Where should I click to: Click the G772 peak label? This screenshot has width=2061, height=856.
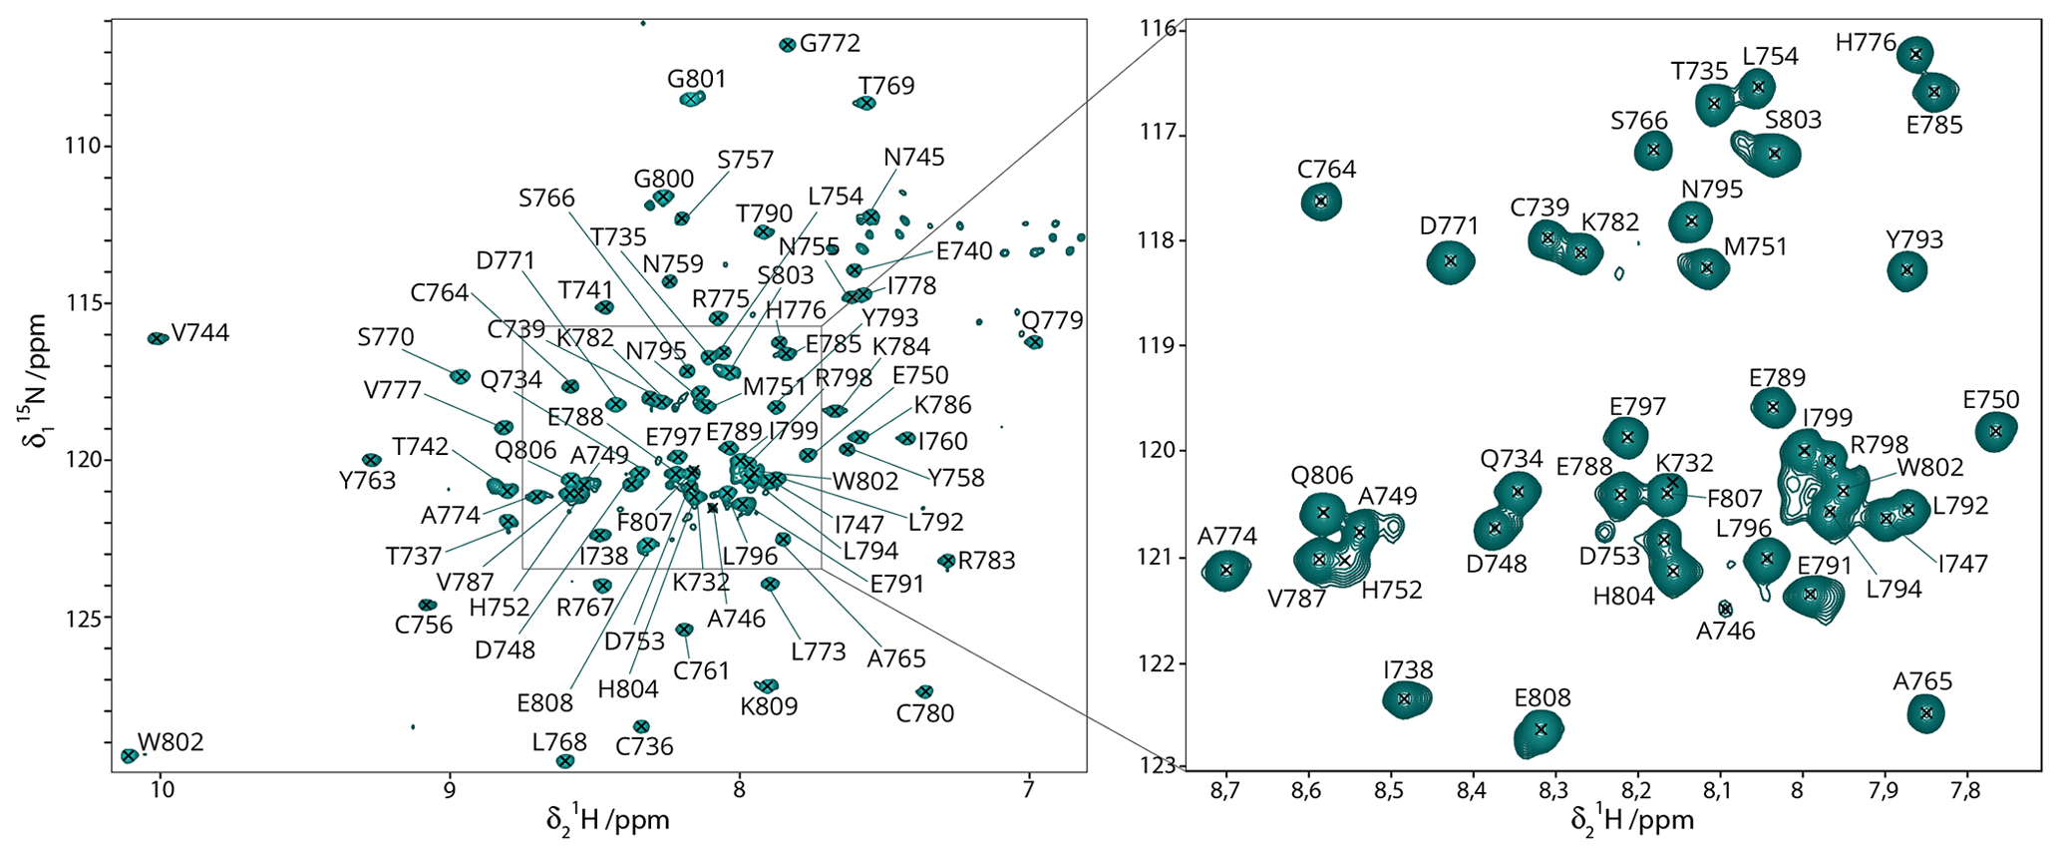point(830,43)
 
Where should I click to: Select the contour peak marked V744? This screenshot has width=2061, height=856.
point(158,338)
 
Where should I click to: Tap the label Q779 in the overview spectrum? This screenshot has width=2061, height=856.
point(1052,320)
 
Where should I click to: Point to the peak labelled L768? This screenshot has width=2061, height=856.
point(564,761)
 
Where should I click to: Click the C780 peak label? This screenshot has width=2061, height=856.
point(924,713)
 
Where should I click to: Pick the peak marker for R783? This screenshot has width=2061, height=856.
point(947,562)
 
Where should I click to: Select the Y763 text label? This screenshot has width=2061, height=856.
point(367,481)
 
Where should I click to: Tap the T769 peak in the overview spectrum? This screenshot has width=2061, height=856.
point(865,103)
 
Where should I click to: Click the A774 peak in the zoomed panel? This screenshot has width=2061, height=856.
point(1226,570)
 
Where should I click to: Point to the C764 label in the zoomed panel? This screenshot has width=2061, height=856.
point(1327,170)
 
